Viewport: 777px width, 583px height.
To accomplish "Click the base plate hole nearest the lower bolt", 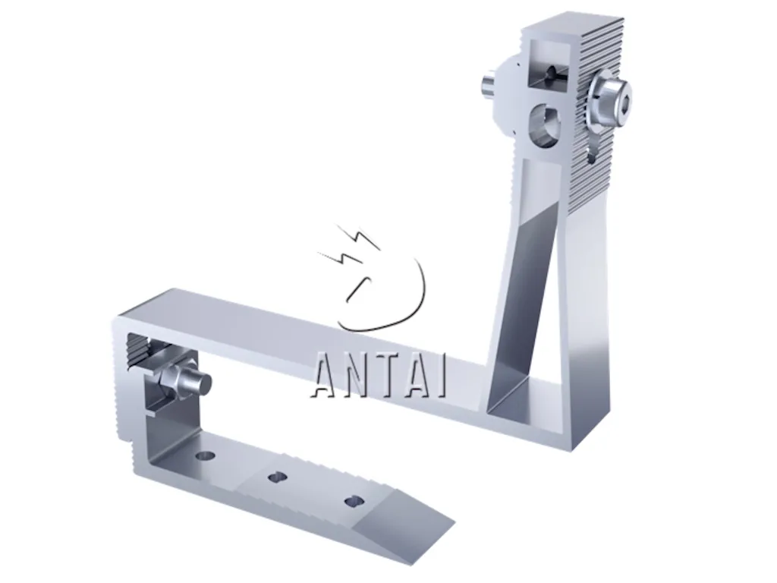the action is coord(204,455).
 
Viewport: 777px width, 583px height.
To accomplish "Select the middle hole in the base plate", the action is coord(277,477).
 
